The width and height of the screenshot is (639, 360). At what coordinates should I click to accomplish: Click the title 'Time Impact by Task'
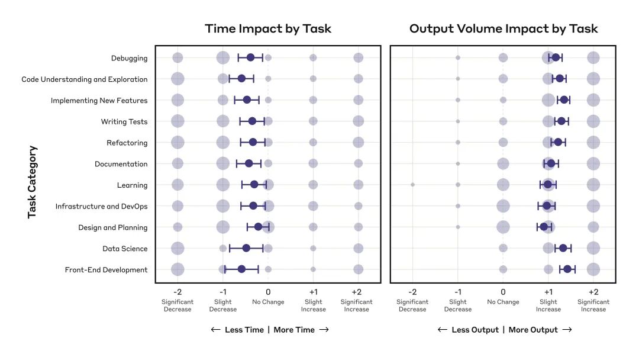point(268,28)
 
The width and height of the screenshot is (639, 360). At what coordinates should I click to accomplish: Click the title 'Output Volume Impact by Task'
point(503,28)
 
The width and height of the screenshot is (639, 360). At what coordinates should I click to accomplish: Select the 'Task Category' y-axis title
point(33,182)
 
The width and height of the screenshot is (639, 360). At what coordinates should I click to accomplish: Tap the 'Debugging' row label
point(129,58)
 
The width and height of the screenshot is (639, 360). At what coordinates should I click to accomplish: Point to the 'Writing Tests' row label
point(124,122)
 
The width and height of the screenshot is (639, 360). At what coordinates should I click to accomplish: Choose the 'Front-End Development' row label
point(106,270)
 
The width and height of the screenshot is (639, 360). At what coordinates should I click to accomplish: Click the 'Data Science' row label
point(125,249)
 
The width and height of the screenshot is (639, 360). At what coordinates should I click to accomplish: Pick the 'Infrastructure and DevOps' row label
point(101,207)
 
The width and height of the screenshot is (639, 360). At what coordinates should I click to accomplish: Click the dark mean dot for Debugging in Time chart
point(250,57)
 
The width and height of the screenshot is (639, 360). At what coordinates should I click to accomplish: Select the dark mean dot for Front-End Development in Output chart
point(567,269)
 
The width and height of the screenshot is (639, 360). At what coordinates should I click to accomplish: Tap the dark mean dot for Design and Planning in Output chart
point(544,227)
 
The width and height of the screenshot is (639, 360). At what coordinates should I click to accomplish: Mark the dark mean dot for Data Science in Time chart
point(246,248)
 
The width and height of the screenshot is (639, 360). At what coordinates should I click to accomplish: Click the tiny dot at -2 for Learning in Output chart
point(412,185)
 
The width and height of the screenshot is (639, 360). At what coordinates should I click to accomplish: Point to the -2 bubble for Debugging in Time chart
point(177,57)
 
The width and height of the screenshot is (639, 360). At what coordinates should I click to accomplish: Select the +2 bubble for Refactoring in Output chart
point(593,142)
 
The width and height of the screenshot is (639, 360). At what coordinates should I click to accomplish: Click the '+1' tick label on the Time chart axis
point(313,292)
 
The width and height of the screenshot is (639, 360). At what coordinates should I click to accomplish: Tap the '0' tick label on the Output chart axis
point(503,292)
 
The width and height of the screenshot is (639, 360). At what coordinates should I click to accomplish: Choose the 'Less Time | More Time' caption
point(270,330)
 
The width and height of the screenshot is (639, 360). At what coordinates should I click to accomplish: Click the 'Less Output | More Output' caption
point(505,330)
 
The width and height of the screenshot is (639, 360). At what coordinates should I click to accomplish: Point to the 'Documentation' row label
point(121,164)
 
